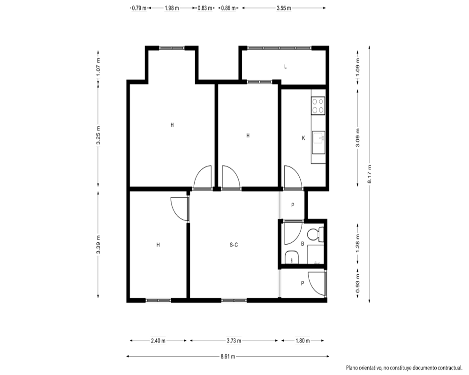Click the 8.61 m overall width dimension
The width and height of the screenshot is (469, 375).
coord(227,356)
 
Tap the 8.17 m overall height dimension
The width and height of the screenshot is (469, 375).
coord(370,174)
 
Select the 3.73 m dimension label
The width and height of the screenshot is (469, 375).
coord(234,341)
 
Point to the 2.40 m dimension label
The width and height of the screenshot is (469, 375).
coord(158,341)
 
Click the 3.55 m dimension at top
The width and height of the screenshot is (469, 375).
coord(284,8)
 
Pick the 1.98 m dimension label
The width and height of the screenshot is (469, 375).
coord(172,8)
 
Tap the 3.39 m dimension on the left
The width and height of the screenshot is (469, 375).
coord(98,245)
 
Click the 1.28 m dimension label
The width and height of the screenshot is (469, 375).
coord(358,243)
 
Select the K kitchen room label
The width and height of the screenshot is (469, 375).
coord(303,138)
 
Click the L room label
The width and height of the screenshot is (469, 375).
coord(285,67)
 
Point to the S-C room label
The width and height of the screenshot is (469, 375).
coord(234,245)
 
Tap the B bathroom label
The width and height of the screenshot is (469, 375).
coord(303,244)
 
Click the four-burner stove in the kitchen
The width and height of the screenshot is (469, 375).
coord(318,105)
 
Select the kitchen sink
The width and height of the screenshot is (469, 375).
coord(319,142)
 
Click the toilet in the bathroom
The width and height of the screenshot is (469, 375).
coord(316,234)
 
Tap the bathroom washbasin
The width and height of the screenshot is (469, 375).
coord(292,257)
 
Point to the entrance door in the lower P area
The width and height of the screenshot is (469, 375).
coord(317,284)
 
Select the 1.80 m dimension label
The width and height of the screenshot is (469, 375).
coord(303,341)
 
